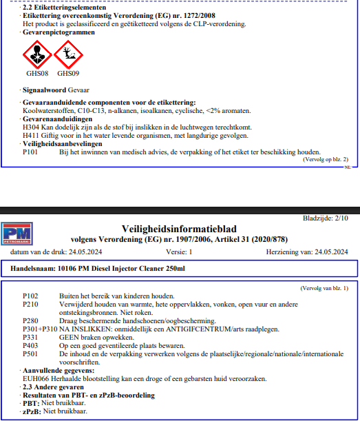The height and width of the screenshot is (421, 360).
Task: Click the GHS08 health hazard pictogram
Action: (x=37, y=54)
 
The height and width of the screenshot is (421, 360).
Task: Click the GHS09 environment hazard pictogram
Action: (x=67, y=54)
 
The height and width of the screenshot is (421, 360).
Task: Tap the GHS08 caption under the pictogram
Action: (x=37, y=73)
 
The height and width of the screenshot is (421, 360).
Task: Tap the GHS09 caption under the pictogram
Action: (x=67, y=73)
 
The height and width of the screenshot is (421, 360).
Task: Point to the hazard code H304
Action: (x=32, y=127)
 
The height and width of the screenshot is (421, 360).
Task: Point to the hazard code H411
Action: (x=32, y=135)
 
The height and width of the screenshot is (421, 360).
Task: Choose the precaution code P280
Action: (x=31, y=322)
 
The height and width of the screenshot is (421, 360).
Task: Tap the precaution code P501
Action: (x=31, y=355)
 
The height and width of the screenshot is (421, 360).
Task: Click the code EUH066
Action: (x=36, y=379)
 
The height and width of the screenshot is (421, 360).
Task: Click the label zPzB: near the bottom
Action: (x=31, y=411)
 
